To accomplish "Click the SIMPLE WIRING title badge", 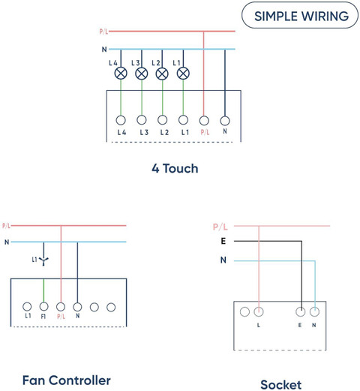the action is (x=300, y=16).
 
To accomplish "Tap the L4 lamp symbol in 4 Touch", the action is (x=121, y=74).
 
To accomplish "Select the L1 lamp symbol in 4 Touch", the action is (x=183, y=74).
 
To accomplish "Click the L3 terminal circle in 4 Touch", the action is (x=142, y=120).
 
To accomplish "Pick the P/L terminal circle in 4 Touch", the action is (x=204, y=121).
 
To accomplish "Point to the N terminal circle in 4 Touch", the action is (x=225, y=121).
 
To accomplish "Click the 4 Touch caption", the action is (x=175, y=168).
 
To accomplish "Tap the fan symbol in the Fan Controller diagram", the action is (x=43, y=261).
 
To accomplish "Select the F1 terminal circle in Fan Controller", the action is (x=43, y=306).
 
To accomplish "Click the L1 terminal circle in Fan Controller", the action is (x=27, y=306).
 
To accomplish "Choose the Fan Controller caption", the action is (x=67, y=380).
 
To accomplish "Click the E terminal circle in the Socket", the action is (x=300, y=312).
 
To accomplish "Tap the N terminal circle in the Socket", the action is (x=314, y=312).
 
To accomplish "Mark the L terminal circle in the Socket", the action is (x=259, y=312).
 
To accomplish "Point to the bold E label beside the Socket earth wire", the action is (x=223, y=241).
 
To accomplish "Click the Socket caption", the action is (x=281, y=384).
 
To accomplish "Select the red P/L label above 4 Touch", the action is (x=103, y=32).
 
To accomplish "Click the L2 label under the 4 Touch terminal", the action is (x=164, y=132).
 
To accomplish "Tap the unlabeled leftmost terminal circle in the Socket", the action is (x=244, y=312).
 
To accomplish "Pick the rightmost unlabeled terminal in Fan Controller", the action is (x=111, y=307).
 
